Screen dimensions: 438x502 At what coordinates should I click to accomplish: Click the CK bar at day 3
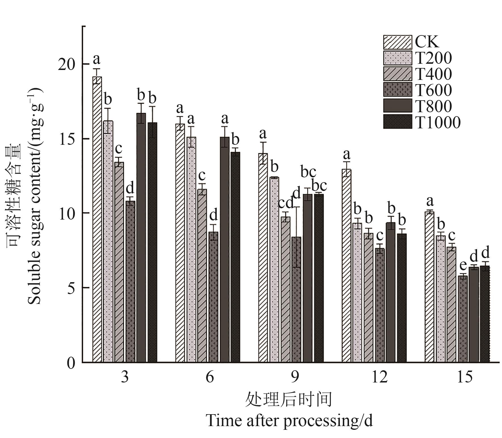pyautogui.click(x=97, y=219)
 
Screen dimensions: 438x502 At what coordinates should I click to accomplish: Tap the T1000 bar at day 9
pyautogui.click(x=319, y=278)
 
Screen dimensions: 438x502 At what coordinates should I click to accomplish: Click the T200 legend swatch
pyautogui.click(x=397, y=58)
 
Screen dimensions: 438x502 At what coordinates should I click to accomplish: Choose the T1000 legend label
pyautogui.click(x=438, y=122)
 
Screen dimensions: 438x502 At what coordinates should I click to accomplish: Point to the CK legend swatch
pyautogui.click(x=397, y=42)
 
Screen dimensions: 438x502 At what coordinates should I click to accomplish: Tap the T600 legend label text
pyautogui.click(x=433, y=90)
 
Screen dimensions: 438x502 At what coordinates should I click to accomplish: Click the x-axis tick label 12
pyautogui.click(x=379, y=377)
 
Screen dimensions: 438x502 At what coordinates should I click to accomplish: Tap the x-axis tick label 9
pyautogui.click(x=295, y=377)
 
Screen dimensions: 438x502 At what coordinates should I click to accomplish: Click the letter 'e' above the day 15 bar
pyautogui.click(x=463, y=266)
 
